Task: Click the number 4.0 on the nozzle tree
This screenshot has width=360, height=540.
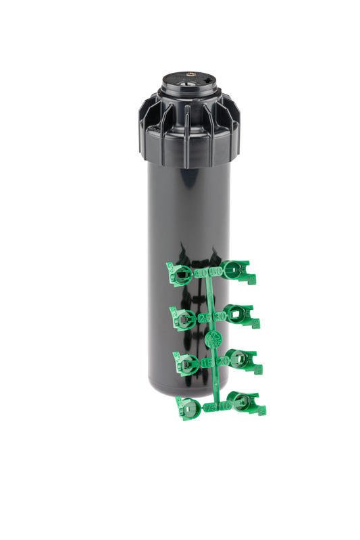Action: coord(201,273)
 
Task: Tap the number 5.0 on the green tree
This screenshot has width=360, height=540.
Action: coord(216,271)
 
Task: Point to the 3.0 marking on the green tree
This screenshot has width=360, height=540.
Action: coord(219,316)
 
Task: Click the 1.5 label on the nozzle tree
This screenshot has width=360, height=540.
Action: coord(207,362)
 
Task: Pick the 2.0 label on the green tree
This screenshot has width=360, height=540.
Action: coord(222,360)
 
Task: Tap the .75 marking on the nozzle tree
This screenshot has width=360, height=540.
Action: coord(211,407)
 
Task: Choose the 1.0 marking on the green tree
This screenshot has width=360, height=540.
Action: coord(225,405)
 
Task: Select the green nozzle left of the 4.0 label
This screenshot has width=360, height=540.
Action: coord(180,275)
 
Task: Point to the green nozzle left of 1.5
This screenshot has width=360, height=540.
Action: coord(187,363)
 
